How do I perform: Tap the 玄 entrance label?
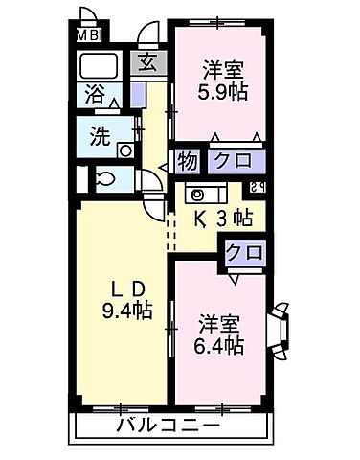[x=148, y=65]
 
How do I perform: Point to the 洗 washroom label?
[x=100, y=135]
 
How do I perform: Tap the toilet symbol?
[x=105, y=178]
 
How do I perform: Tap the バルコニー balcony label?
[x=169, y=425]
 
